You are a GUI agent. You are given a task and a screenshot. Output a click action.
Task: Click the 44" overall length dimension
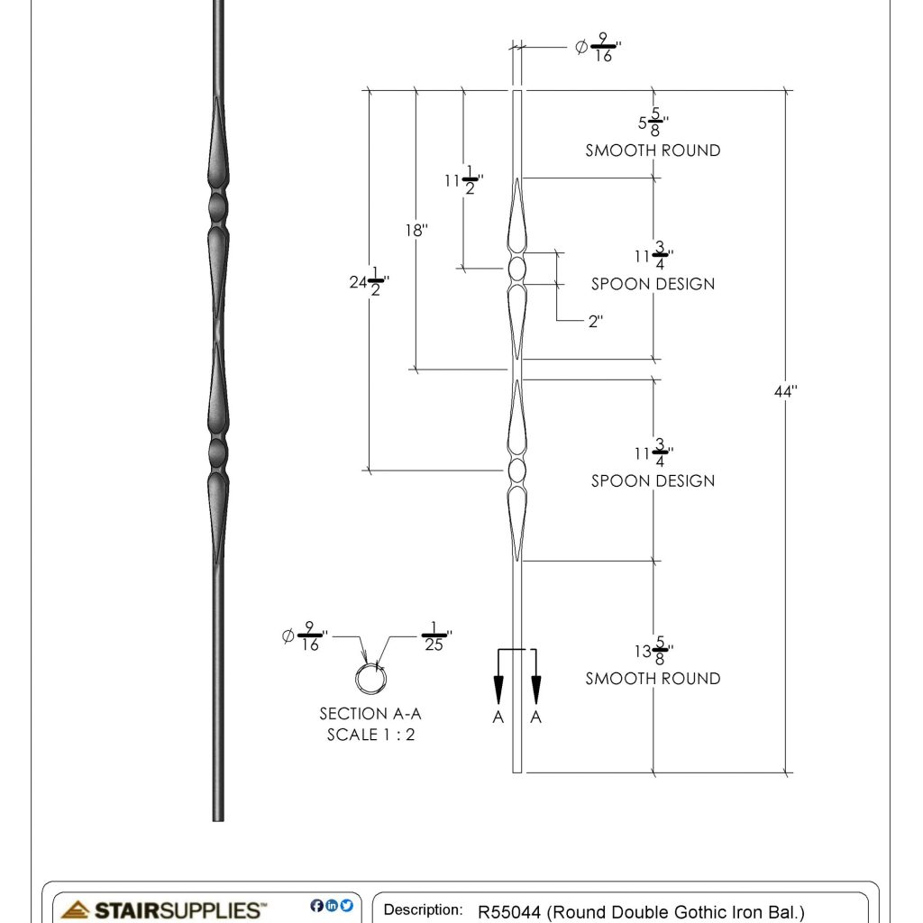(x=785, y=391)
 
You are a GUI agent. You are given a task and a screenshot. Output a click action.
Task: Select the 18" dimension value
(x=416, y=230)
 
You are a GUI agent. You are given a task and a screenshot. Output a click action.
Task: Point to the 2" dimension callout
(x=595, y=321)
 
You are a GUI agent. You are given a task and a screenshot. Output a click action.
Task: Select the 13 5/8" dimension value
(x=653, y=652)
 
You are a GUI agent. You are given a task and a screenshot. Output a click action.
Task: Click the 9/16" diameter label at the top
(x=599, y=48)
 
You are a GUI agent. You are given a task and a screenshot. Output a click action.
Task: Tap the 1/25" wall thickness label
(x=435, y=637)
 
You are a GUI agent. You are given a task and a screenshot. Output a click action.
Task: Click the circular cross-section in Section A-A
(x=368, y=678)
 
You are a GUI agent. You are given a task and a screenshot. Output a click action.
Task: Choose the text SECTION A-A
(x=370, y=714)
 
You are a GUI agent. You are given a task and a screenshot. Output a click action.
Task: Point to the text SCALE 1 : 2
(x=370, y=735)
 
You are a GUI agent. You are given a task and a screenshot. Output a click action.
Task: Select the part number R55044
(x=509, y=911)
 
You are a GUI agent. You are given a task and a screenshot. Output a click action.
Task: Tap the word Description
(x=423, y=910)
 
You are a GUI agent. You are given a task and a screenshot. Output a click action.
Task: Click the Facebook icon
(x=316, y=906)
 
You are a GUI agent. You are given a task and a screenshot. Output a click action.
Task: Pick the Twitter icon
(x=347, y=906)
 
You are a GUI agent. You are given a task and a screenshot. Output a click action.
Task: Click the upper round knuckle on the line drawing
(x=517, y=269)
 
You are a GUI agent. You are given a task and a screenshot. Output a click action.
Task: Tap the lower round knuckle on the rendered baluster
(x=217, y=448)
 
